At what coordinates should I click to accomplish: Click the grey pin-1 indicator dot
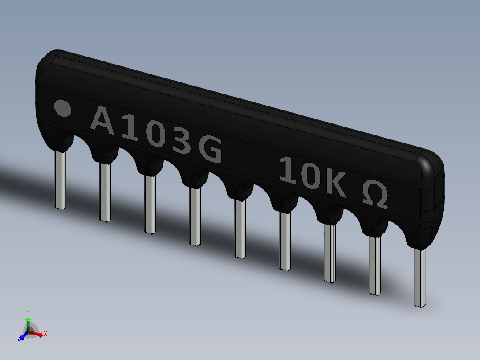[x=62, y=108]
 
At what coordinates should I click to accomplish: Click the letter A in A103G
[x=102, y=120]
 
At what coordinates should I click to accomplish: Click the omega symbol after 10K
[x=374, y=193]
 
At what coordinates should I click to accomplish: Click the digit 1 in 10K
[x=288, y=171]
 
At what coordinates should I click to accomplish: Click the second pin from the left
[x=105, y=192]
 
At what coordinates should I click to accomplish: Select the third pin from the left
[x=150, y=204]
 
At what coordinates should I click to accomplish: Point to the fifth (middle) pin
[x=240, y=229]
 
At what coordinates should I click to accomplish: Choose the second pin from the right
[x=375, y=265]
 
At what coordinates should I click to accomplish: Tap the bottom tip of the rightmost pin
[x=419, y=305]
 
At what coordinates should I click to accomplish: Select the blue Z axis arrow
[x=21, y=337]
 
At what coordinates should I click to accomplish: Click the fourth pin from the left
[x=195, y=216]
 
